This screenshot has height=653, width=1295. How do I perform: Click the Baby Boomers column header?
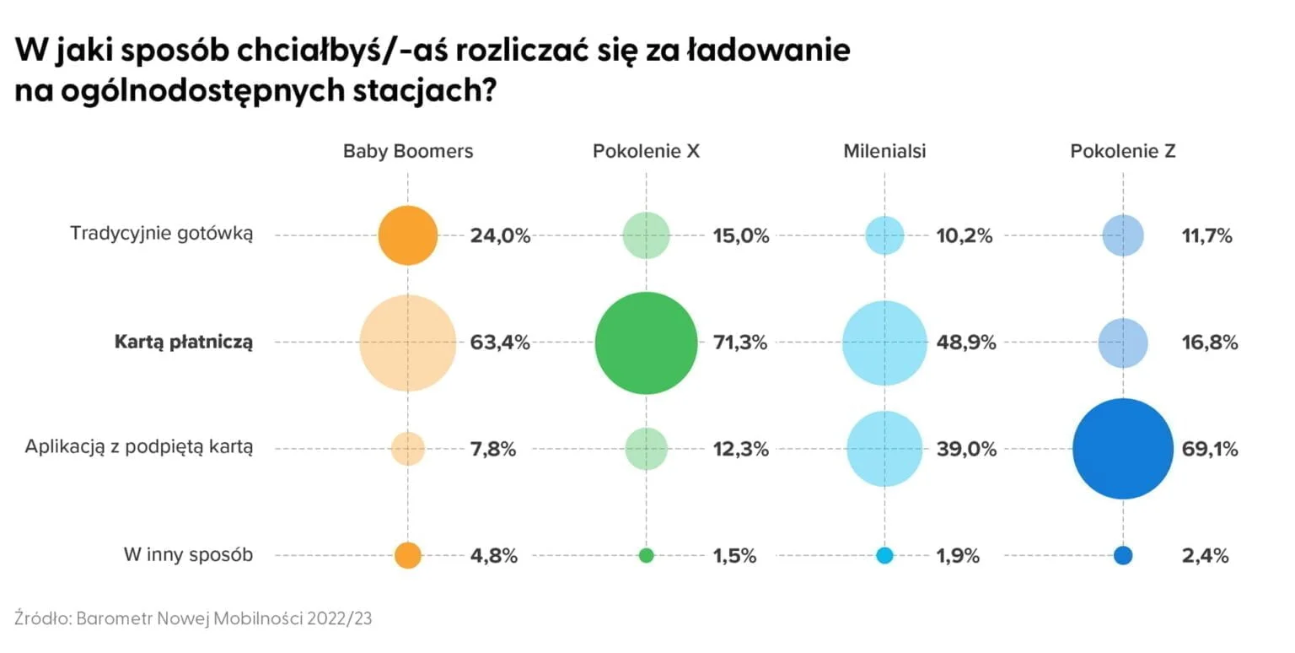coord(408,152)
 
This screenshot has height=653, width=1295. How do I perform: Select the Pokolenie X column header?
coord(646,152)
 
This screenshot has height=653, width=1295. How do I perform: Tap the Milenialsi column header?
coord(884,152)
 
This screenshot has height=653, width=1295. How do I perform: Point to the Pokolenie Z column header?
coord(1123,152)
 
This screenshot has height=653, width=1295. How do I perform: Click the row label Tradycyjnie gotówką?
coord(162,234)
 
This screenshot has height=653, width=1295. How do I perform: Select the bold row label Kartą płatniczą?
coord(183,342)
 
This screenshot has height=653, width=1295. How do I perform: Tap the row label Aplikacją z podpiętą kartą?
coord(139,448)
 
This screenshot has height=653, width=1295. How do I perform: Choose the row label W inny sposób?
coord(188,555)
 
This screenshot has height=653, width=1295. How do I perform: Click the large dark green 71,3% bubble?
coord(646,343)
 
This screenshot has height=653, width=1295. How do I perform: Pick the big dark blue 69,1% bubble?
coord(1123,449)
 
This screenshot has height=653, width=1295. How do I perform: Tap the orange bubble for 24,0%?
coord(408,235)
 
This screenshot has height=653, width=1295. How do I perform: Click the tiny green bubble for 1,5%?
coord(646,555)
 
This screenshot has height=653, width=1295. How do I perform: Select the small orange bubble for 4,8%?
coord(408,555)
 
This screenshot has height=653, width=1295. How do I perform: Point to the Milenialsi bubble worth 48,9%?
coord(884,343)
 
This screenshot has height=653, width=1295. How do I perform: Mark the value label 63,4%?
coord(500,343)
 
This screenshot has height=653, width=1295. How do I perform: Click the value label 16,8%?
coord(1209,343)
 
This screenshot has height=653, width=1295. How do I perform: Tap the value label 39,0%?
coord(966,449)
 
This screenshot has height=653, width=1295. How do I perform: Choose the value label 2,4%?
coord(1205,556)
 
